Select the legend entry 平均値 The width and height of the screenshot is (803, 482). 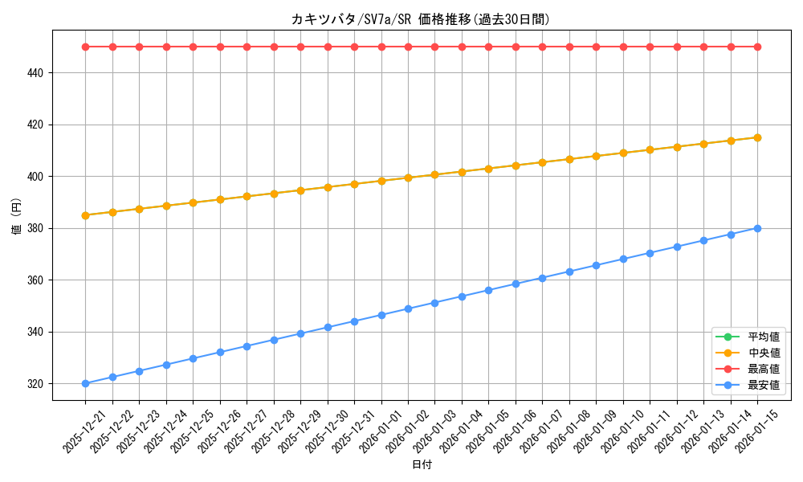pyautogui.click(x=764, y=337)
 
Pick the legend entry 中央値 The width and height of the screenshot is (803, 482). pyautogui.click(x=764, y=353)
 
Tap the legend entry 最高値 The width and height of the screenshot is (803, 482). pyautogui.click(x=764, y=369)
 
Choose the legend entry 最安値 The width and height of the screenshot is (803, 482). pyautogui.click(x=764, y=385)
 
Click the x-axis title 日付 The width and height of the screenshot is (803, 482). pyautogui.click(x=422, y=465)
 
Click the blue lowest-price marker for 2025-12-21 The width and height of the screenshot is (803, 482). pyautogui.click(x=85, y=383)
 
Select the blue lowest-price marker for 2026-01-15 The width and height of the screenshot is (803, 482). pyautogui.click(x=757, y=228)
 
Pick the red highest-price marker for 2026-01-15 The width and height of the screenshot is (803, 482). pyautogui.click(x=757, y=47)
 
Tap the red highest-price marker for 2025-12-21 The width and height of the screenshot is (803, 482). pyautogui.click(x=85, y=47)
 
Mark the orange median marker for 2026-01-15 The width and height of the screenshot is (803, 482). pyautogui.click(x=757, y=137)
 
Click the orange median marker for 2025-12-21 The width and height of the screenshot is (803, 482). pyautogui.click(x=85, y=215)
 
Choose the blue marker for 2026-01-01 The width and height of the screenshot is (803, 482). pyautogui.click(x=381, y=315)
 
